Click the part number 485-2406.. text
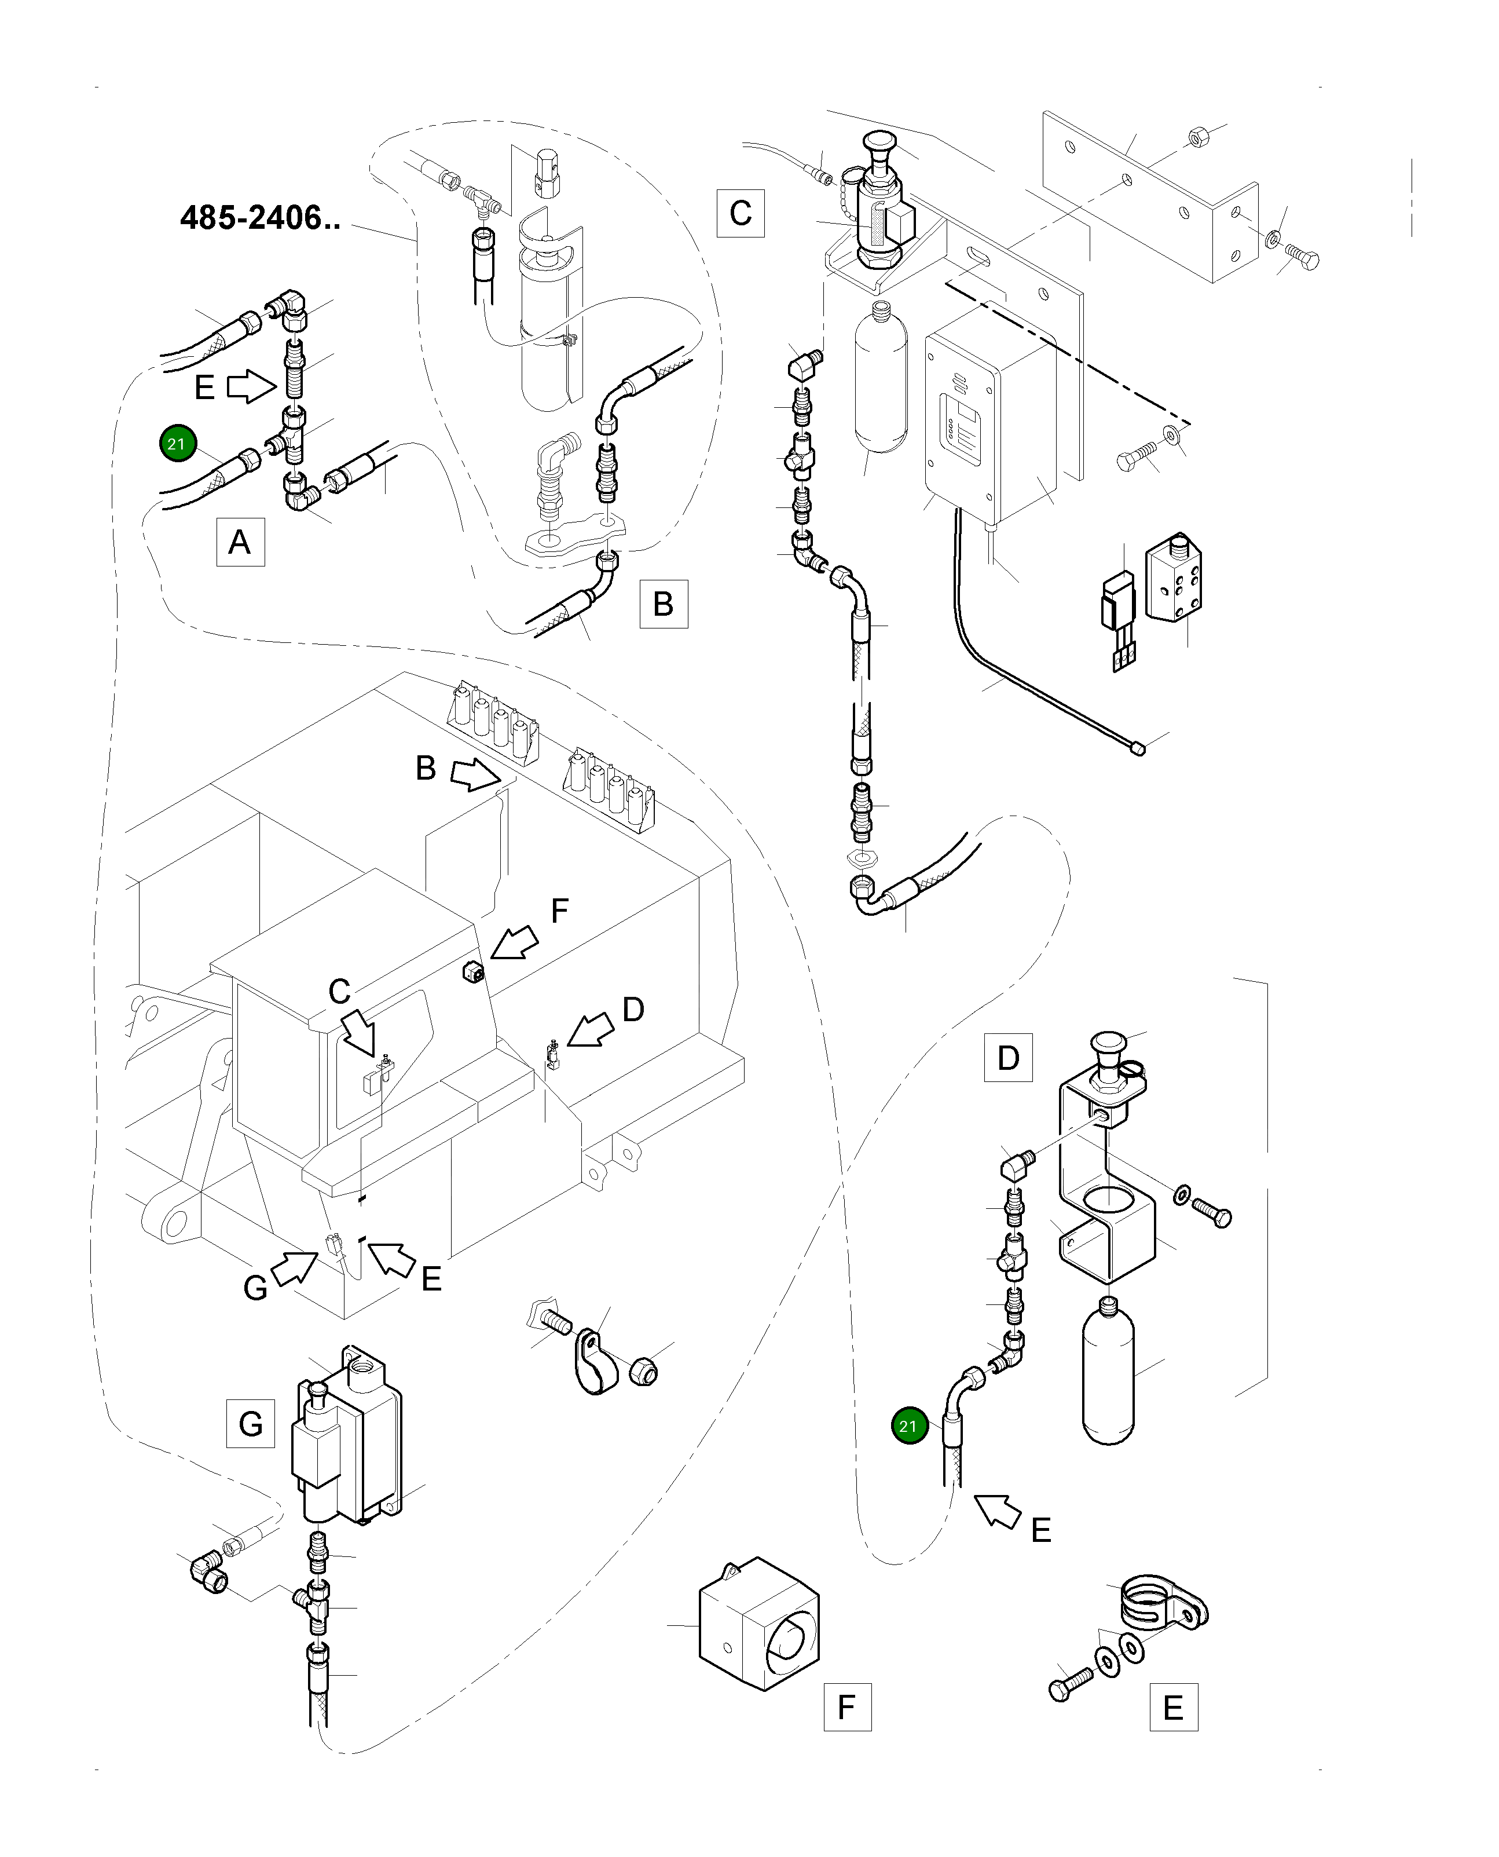[x=260, y=218]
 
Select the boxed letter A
[x=240, y=542]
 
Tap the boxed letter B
[x=663, y=604]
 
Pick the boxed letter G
[x=250, y=1423]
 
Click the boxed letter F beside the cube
[x=847, y=1707]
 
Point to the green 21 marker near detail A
[x=177, y=444]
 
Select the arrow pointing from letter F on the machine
[x=513, y=943]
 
